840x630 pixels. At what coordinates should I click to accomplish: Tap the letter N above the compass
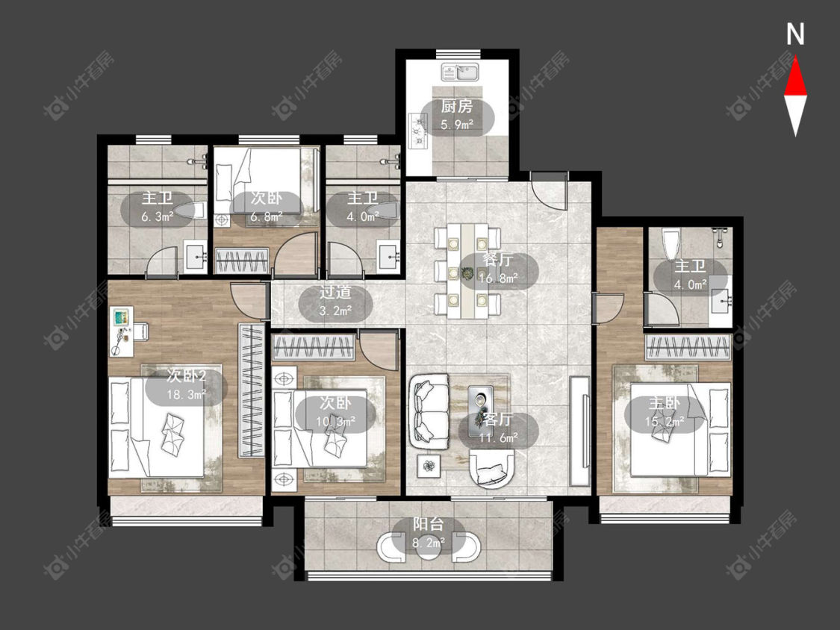click(795, 35)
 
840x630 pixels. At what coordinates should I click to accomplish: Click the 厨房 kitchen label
click(456, 107)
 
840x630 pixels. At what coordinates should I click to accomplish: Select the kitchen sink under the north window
click(460, 72)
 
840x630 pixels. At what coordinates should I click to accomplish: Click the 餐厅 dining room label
click(498, 261)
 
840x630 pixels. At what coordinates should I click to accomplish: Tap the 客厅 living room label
click(498, 420)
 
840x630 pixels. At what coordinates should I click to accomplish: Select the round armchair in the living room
click(492, 468)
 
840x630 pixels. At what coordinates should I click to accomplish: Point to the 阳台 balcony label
click(429, 524)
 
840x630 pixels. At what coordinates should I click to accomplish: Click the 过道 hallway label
click(335, 293)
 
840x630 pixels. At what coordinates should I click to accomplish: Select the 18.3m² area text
click(187, 396)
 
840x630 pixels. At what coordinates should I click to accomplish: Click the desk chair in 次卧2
click(140, 331)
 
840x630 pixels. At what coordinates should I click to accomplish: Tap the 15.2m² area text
click(665, 422)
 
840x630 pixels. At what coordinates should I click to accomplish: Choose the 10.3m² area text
click(336, 422)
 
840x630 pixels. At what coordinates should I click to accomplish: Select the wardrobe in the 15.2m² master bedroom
click(688, 348)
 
